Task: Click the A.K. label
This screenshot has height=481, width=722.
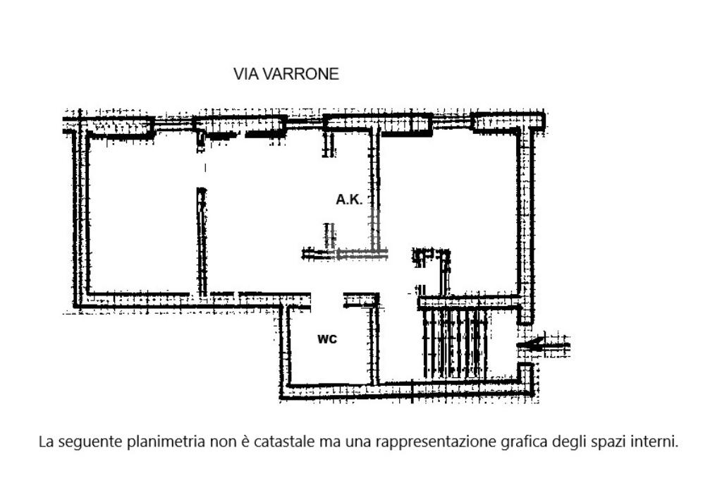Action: coord(349,200)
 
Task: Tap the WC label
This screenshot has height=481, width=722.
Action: coord(327,339)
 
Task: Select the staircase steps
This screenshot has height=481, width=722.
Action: coord(455,343)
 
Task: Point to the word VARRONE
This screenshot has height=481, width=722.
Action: coord(300,74)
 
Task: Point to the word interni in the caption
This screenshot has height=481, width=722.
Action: coord(655,442)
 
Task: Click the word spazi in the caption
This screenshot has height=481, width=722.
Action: coord(610,442)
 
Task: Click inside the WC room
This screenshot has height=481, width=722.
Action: coord(328,356)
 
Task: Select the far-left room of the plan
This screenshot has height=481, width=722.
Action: coord(141,212)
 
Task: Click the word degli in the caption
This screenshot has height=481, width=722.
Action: coord(570,442)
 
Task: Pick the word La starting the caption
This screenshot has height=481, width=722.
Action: coord(47,442)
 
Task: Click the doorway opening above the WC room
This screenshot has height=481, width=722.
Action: coord(327,300)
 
